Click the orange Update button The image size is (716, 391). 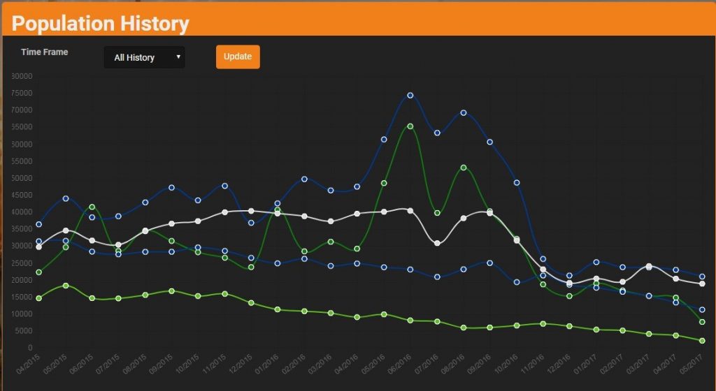[x=238, y=57]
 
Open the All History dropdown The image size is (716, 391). [x=144, y=57]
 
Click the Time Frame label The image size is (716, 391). [x=45, y=52]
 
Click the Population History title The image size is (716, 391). [x=101, y=24]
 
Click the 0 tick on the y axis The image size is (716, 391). [x=29, y=348]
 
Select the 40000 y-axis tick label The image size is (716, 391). [x=21, y=212]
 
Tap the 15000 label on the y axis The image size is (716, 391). [x=21, y=297]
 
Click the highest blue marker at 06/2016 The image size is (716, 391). [x=410, y=95]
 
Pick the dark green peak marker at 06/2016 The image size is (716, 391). [x=410, y=126]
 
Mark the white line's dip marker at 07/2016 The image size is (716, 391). [x=437, y=243]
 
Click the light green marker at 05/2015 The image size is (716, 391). [x=66, y=286]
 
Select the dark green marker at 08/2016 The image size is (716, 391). [x=464, y=168]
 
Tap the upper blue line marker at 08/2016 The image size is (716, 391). [x=464, y=112]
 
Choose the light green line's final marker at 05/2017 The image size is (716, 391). [x=702, y=341]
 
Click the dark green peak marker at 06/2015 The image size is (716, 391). [x=92, y=207]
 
